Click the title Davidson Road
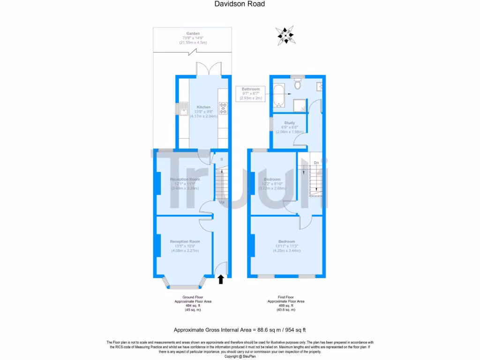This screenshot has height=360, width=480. (240, 4)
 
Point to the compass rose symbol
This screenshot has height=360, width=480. (285, 36)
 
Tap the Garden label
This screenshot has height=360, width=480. (193, 34)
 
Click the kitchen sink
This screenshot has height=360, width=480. (181, 109)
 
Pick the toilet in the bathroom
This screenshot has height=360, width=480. (297, 84)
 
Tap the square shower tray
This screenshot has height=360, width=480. (300, 105)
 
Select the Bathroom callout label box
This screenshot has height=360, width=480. (251, 94)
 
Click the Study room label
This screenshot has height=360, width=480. (289, 123)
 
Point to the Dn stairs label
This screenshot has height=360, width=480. (316, 163)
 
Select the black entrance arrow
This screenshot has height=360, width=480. (221, 279)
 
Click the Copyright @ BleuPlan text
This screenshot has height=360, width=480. (240, 356)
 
